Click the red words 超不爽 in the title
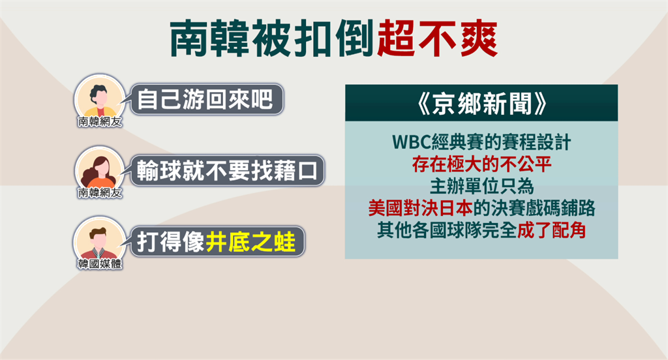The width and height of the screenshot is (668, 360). [x=438, y=38]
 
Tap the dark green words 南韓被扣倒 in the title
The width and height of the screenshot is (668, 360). [x=273, y=38]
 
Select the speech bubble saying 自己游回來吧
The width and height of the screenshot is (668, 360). [x=207, y=99]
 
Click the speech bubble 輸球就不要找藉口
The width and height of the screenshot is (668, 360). [x=227, y=170]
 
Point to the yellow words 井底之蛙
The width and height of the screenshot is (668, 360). [x=251, y=241]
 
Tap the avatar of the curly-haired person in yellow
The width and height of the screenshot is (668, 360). [x=100, y=100]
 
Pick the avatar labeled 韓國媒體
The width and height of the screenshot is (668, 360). [x=100, y=242]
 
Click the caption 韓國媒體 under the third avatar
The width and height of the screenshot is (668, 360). [x=100, y=263]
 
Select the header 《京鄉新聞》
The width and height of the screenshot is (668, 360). [x=481, y=104]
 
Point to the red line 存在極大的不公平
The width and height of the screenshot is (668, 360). [x=481, y=164]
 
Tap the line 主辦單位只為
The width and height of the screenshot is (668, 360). [x=481, y=187]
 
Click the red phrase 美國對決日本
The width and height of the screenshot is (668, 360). [x=421, y=208]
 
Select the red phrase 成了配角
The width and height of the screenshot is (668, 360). [x=551, y=230]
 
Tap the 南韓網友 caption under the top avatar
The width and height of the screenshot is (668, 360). [x=100, y=121]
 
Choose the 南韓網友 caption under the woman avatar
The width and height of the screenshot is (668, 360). [x=100, y=192]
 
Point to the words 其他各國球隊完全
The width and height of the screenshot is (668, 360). [x=447, y=230]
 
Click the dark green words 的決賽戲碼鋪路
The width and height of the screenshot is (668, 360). [x=534, y=208]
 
